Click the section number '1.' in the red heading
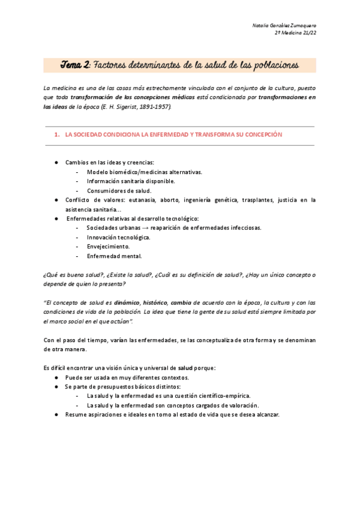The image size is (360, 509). (x=56, y=135)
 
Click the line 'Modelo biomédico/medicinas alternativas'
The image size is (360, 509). (x=144, y=172)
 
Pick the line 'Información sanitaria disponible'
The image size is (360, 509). (x=131, y=181)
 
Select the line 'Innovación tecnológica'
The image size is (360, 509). (x=118, y=237)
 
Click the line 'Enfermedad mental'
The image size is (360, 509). (x=114, y=256)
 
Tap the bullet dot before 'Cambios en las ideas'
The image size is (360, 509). (x=56, y=163)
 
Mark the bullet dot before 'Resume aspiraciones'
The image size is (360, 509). (x=56, y=415)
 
